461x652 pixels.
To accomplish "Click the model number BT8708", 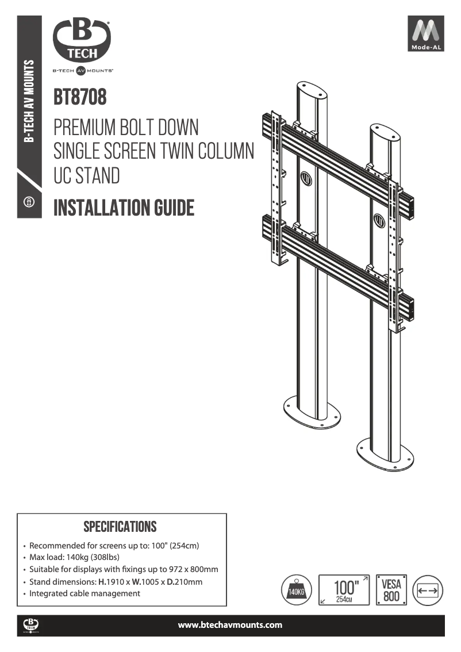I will point(80,97).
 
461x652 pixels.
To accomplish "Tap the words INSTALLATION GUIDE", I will point(124,208).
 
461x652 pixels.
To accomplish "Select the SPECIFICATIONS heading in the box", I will point(120,527).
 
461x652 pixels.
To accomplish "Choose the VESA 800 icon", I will point(391,590).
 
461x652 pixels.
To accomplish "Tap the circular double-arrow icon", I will point(428,590).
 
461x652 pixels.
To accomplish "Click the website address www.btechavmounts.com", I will point(230,625).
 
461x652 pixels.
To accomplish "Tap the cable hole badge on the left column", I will point(306,179).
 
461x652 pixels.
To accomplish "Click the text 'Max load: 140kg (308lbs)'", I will point(74,557).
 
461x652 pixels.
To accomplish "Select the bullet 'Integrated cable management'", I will point(84,593).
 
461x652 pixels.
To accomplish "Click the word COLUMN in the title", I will point(225,151).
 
